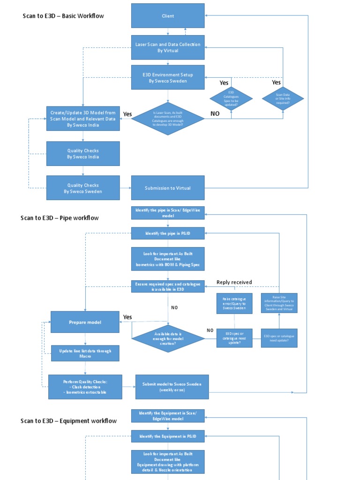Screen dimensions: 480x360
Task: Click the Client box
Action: pos(168,16)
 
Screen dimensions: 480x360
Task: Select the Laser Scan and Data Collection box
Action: pos(168,47)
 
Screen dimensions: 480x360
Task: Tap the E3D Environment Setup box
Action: pos(168,77)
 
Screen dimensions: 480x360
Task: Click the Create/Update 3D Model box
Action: pos(83,119)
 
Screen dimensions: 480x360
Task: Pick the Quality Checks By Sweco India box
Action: pos(83,154)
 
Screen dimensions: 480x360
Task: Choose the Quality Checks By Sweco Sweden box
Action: pos(83,188)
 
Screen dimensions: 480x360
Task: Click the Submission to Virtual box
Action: pos(168,188)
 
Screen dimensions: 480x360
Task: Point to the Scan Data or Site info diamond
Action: pos(283,98)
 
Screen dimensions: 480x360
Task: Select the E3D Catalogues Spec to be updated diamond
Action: pos(231,98)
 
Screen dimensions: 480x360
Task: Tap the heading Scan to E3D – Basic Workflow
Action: pos(63,16)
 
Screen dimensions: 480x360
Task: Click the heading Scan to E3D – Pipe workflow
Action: pos(60,218)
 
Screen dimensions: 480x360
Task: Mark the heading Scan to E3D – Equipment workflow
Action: pos(68,420)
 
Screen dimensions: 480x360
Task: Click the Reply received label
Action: pos(234,282)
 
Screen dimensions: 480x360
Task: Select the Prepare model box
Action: pos(85,322)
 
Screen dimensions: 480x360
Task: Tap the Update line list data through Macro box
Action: pos(85,353)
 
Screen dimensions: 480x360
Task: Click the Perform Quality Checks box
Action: pos(85,387)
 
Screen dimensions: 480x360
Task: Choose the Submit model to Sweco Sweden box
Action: pos(172,387)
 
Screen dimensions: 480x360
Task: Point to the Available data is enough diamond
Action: pos(168,338)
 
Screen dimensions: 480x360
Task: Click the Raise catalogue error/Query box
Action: pos(234,303)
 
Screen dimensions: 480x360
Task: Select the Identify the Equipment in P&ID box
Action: pos(168,436)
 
